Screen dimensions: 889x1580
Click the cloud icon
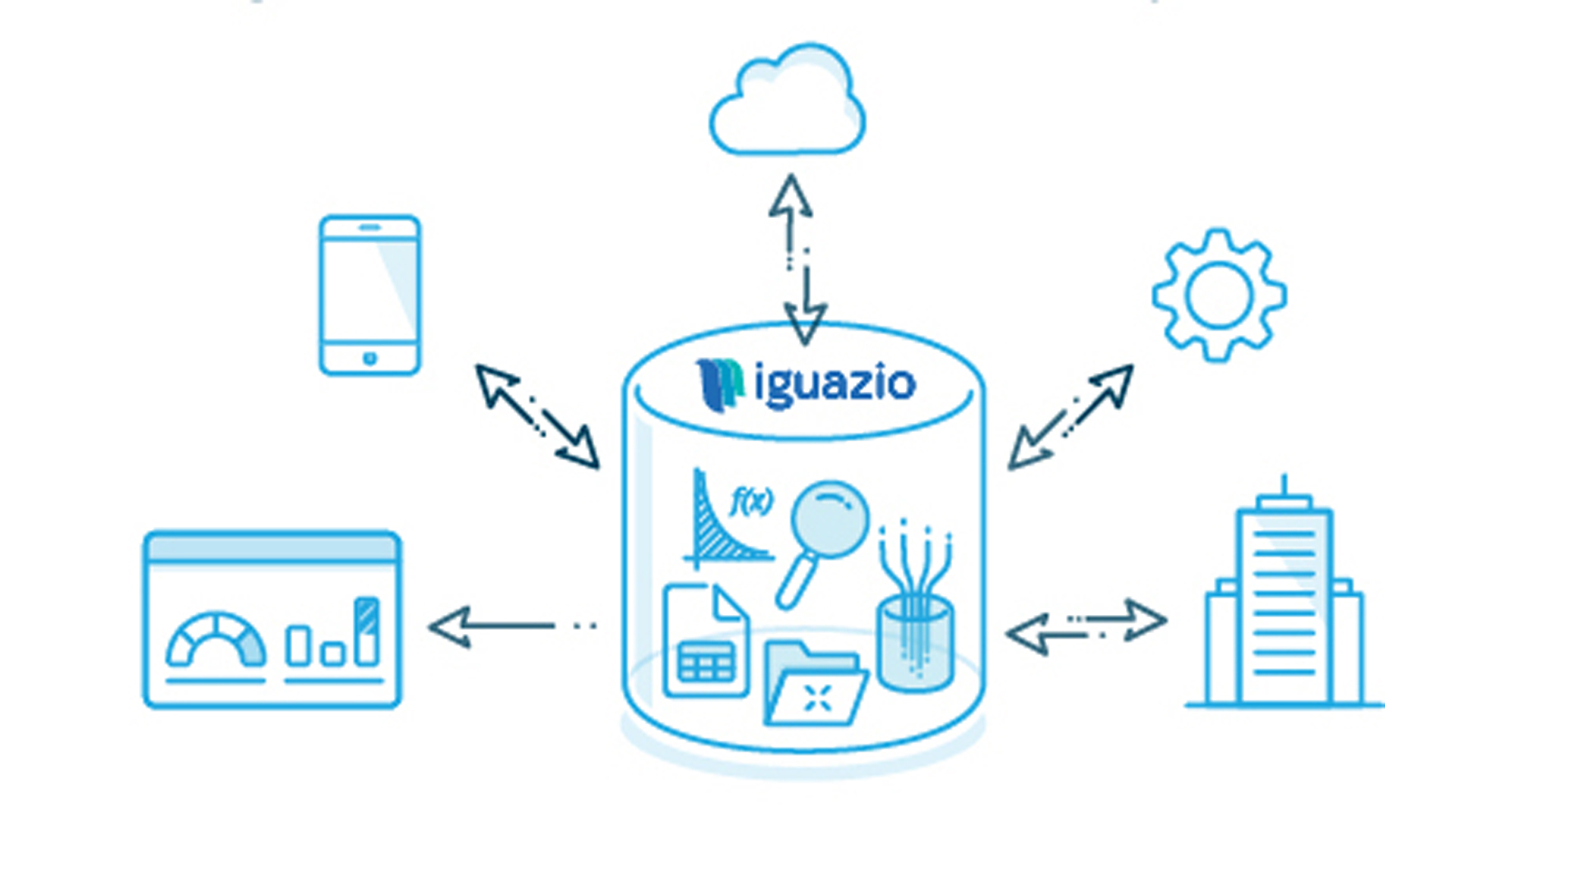coord(787,103)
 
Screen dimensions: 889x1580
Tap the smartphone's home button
coord(369,358)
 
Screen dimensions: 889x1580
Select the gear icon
coord(1219,295)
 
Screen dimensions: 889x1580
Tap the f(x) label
coord(751,500)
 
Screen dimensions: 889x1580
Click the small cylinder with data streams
coord(915,642)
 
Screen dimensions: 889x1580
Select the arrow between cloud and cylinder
coord(797,259)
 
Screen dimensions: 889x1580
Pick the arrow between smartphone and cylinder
coord(537,416)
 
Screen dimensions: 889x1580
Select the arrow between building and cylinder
coord(1086,626)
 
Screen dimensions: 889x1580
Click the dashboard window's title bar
coord(272,548)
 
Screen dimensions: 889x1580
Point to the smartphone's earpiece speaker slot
coord(369,227)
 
